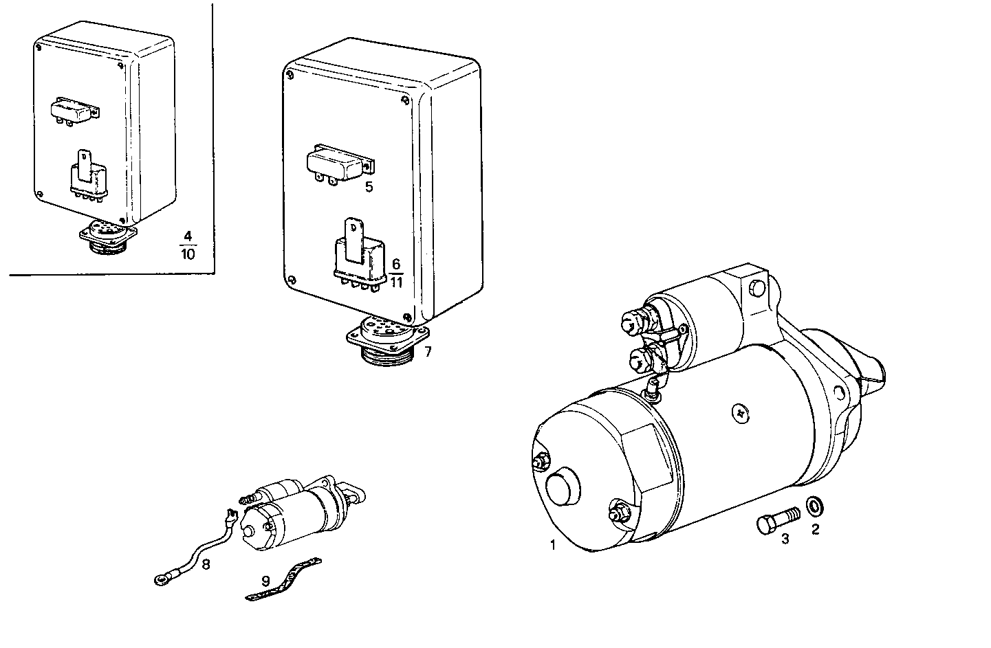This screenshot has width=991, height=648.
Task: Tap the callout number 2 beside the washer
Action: coord(816,529)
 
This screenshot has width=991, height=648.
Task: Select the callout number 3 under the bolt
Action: coord(785,539)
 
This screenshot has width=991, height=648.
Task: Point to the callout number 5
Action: coord(369,187)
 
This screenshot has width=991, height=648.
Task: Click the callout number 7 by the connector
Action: coord(428,353)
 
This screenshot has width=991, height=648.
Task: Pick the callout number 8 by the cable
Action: coord(206,564)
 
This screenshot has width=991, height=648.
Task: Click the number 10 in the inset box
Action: coord(187,254)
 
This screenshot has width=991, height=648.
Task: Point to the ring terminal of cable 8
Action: coord(162,581)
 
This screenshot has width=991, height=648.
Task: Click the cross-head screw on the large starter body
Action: coord(740,412)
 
